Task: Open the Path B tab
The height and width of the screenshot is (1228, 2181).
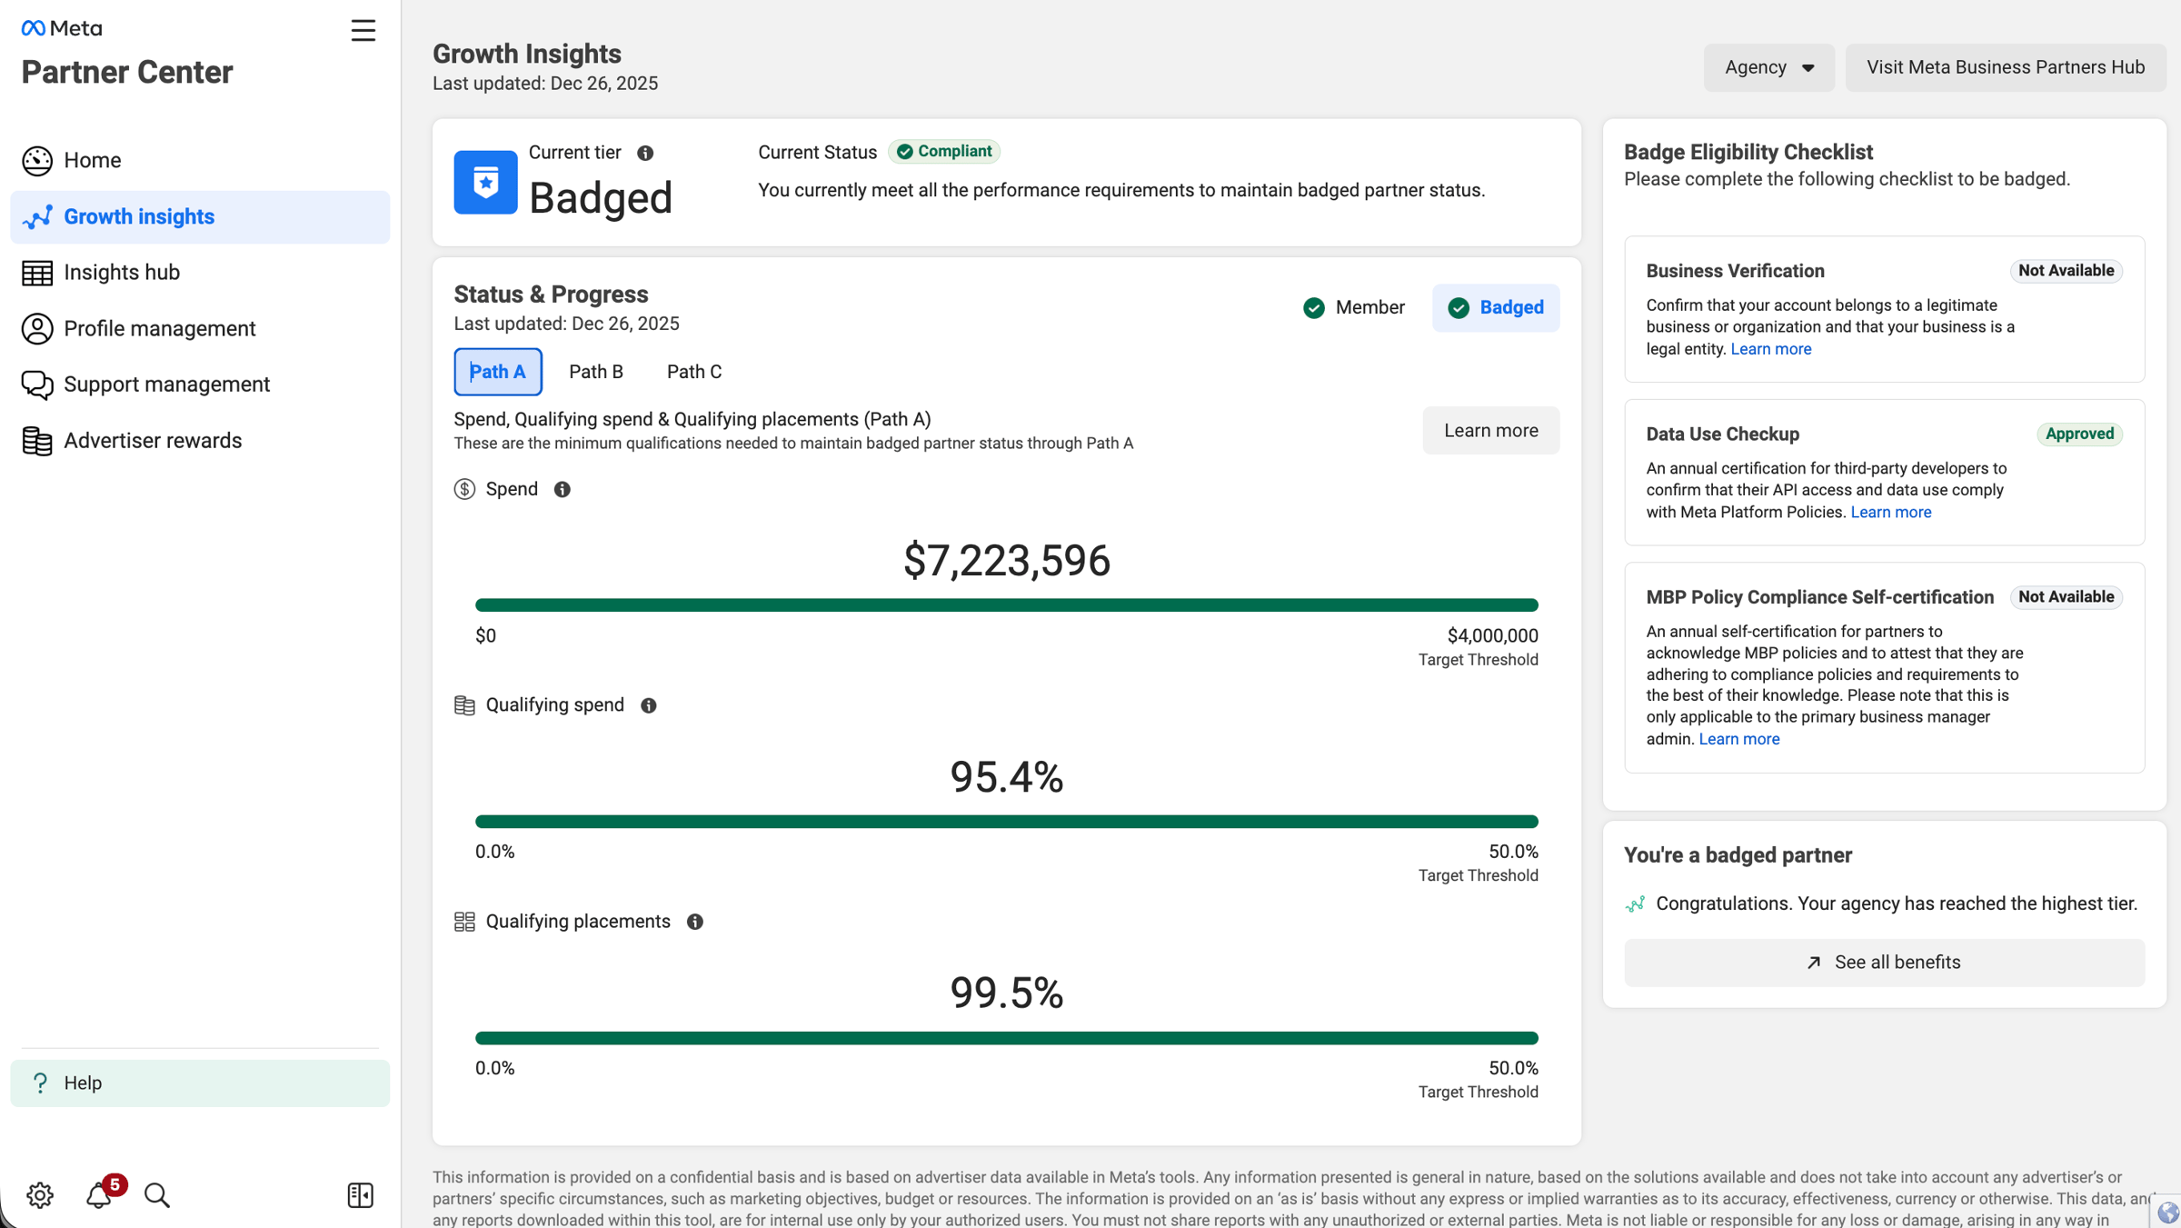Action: click(596, 372)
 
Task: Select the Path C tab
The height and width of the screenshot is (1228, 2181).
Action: click(694, 372)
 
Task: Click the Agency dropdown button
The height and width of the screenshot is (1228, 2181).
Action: click(1768, 67)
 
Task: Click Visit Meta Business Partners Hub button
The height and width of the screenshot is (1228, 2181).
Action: click(2006, 67)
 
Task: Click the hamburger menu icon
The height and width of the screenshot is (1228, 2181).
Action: click(363, 31)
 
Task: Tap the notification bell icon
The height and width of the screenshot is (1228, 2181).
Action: click(99, 1195)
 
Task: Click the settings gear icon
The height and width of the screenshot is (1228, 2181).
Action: click(40, 1195)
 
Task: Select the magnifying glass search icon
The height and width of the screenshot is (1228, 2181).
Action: click(157, 1195)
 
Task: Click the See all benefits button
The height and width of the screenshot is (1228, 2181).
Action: click(1884, 963)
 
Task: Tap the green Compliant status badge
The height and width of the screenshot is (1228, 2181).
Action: click(944, 152)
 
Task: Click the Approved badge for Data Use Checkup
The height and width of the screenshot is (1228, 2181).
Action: click(2079, 434)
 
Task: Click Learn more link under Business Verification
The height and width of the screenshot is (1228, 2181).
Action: click(1770, 349)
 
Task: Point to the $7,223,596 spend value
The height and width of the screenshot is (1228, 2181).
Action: click(1007, 560)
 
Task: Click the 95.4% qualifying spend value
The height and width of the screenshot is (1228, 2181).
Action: click(1007, 777)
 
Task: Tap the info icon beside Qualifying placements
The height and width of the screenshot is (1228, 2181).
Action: click(695, 922)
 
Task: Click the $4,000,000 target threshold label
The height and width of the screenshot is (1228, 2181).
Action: click(1492, 636)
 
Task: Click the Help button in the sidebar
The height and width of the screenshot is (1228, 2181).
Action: click(200, 1083)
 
